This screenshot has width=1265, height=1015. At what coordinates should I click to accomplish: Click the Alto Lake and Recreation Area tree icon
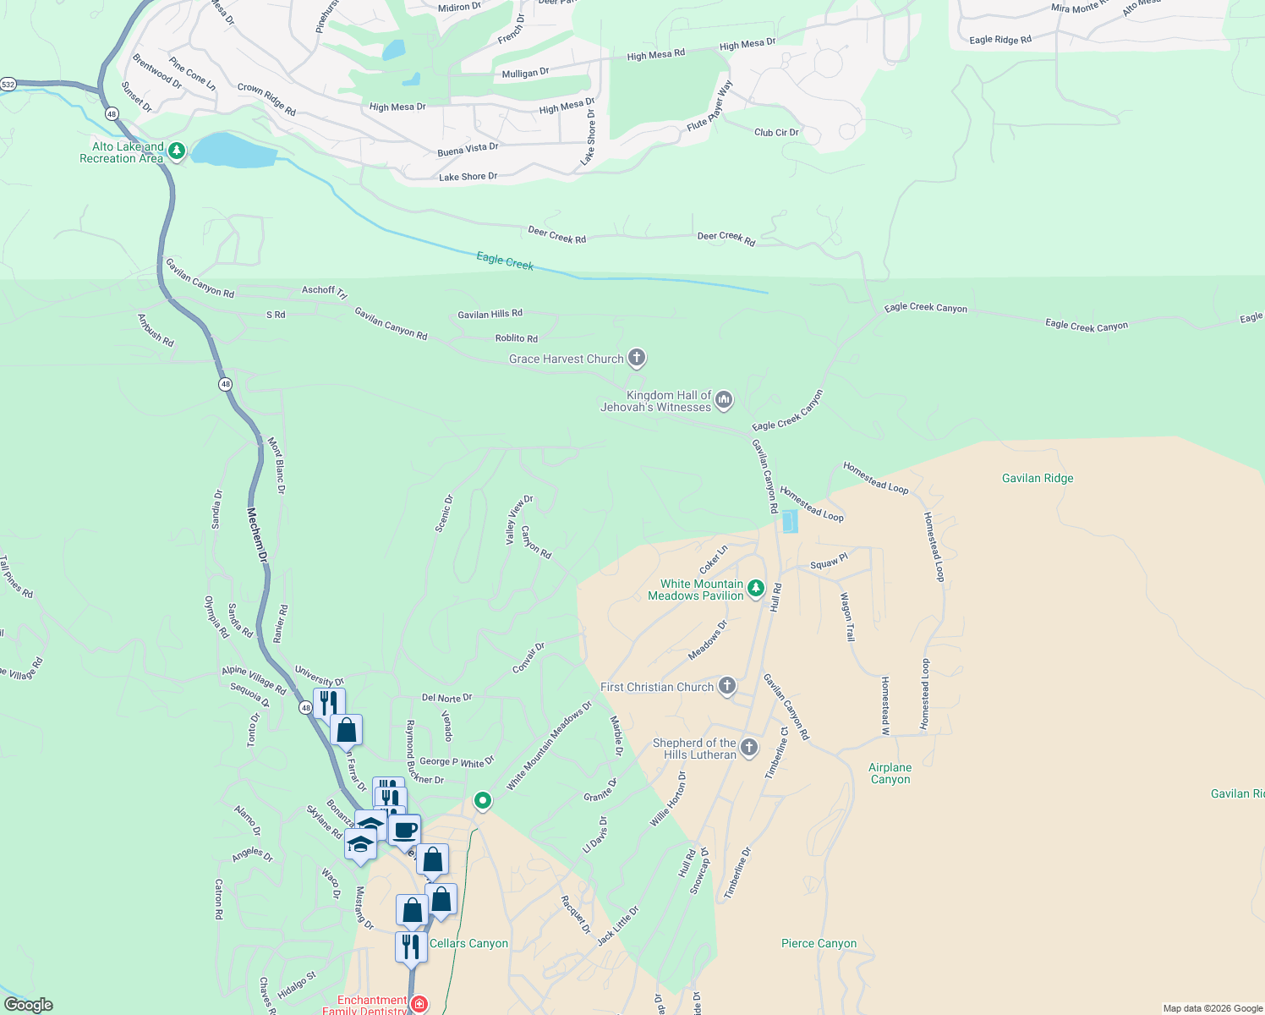pyautogui.click(x=176, y=151)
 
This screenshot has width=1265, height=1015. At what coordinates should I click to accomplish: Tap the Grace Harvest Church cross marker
pyautogui.click(x=637, y=359)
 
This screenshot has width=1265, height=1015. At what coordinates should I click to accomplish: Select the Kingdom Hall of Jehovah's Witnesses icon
pyautogui.click(x=724, y=400)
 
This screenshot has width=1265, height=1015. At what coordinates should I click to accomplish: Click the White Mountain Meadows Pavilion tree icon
pyautogui.click(x=756, y=589)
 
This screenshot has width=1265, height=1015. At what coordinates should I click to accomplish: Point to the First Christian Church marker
pyautogui.click(x=727, y=686)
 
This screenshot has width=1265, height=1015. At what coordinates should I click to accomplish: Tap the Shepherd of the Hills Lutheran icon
pyautogui.click(x=749, y=747)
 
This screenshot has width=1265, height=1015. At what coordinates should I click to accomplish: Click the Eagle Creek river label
pyautogui.click(x=505, y=261)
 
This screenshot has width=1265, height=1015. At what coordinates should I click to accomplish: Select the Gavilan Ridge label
pyautogui.click(x=1038, y=478)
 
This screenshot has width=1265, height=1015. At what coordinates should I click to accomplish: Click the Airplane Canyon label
pyautogui.click(x=890, y=773)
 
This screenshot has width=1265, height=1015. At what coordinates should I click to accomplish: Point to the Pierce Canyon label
pyautogui.click(x=819, y=943)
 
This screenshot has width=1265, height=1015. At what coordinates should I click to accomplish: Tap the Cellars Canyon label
pyautogui.click(x=468, y=943)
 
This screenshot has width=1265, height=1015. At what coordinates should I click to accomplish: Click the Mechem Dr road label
pyautogui.click(x=257, y=535)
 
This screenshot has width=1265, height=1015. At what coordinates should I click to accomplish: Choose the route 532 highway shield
pyautogui.click(x=8, y=85)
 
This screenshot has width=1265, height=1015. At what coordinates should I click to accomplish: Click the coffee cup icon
pyautogui.click(x=405, y=830)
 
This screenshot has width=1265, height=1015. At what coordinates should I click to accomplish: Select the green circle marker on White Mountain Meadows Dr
pyautogui.click(x=483, y=799)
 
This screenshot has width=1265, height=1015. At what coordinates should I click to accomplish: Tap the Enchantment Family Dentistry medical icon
pyautogui.click(x=419, y=1004)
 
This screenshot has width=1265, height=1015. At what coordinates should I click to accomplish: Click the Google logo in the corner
pyautogui.click(x=28, y=1005)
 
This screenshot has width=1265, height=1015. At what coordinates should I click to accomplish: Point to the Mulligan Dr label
pyautogui.click(x=525, y=74)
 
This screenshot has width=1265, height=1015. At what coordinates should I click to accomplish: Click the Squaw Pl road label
pyautogui.click(x=829, y=562)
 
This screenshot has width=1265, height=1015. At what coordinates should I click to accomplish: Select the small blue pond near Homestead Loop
pyautogui.click(x=790, y=521)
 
